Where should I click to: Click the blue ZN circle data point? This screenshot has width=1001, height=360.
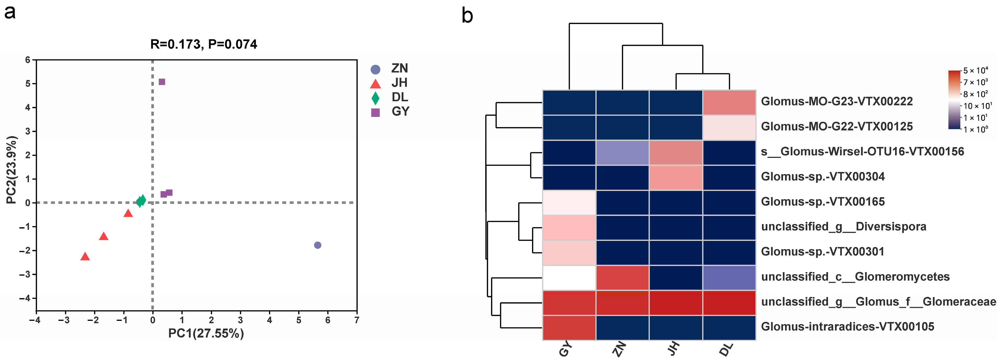click(317, 245)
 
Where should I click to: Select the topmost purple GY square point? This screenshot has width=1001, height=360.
click(162, 82)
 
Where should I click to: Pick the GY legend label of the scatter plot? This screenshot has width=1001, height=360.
click(400, 112)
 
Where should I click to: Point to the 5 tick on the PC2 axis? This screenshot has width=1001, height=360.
click(28, 84)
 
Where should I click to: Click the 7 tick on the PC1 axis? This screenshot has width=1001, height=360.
click(357, 320)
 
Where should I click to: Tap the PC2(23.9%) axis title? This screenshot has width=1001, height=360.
click(12, 170)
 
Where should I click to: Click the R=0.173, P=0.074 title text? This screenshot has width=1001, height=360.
click(204, 44)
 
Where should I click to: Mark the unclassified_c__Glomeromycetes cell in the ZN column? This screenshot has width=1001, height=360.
click(622, 278)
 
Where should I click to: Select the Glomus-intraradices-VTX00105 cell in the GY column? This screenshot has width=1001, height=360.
click(569, 328)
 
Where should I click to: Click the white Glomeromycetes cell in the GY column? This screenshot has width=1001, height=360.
click(569, 278)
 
